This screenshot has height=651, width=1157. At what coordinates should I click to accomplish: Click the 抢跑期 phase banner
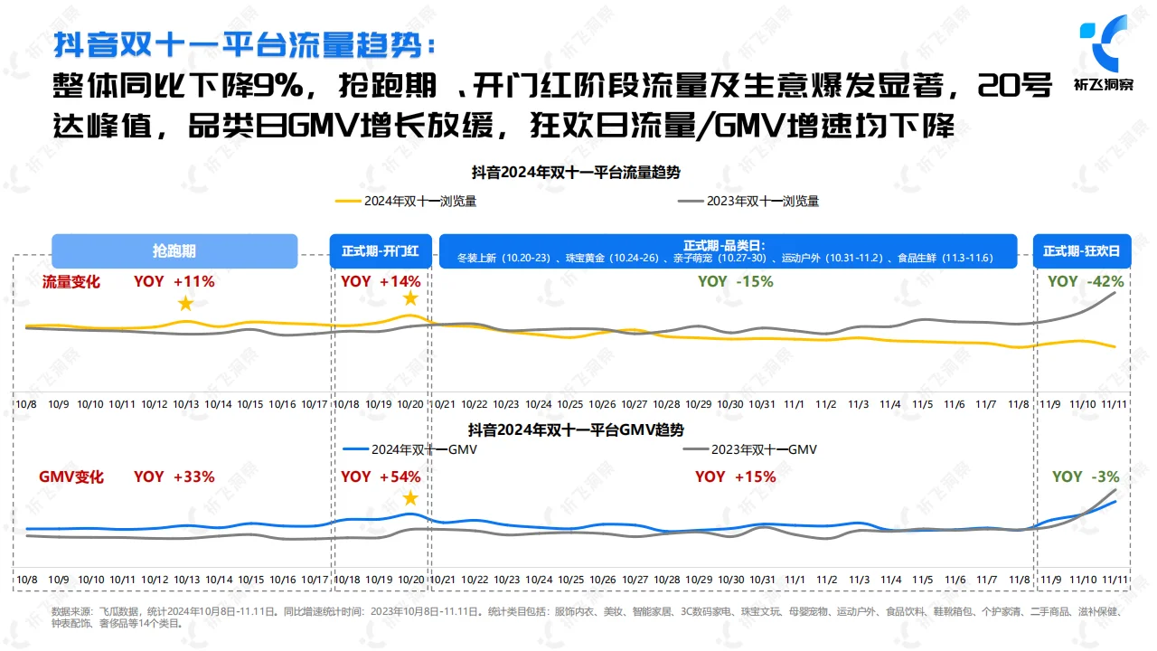click(174, 250)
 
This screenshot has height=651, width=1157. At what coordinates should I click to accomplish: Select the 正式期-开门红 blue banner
click(380, 250)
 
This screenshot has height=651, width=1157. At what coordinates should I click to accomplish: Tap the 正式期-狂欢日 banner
click(1081, 250)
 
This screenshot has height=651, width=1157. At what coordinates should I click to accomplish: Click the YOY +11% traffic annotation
click(174, 281)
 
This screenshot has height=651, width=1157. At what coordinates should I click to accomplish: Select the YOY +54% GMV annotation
click(381, 476)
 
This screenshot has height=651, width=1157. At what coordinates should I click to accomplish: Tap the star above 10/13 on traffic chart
click(185, 304)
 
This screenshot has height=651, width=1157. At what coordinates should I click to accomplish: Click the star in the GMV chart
click(410, 498)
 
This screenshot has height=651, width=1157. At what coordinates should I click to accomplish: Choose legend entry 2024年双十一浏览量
click(406, 202)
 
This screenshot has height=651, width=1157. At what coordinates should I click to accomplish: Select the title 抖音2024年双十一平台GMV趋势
click(576, 429)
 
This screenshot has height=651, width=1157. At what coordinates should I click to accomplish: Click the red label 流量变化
click(71, 282)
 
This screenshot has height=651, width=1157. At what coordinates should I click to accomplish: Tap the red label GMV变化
click(71, 476)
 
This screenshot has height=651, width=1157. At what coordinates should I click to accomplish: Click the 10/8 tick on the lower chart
click(26, 579)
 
